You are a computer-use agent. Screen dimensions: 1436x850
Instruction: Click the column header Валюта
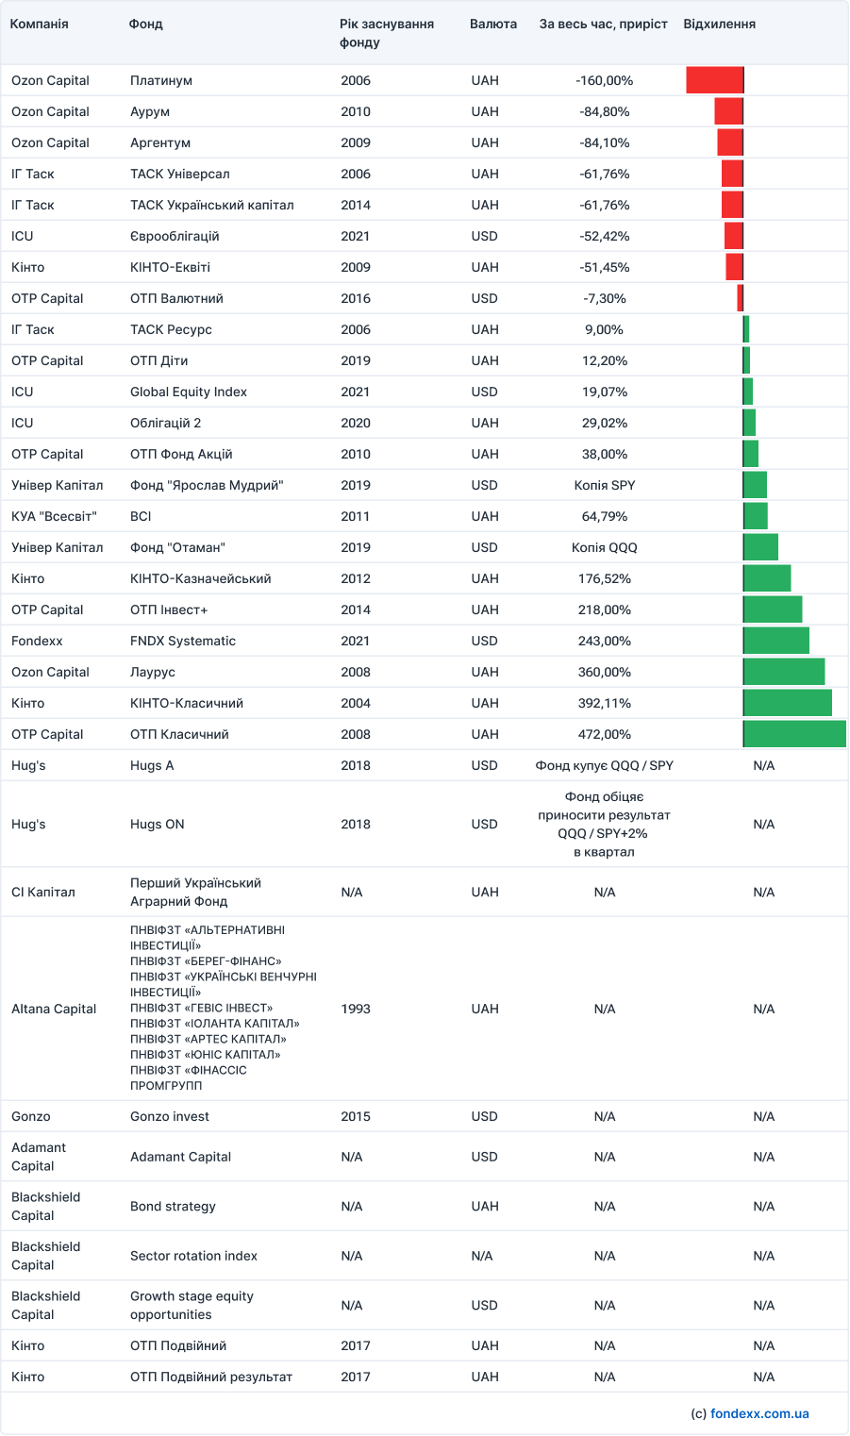click(492, 24)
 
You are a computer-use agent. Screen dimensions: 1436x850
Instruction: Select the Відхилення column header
click(719, 24)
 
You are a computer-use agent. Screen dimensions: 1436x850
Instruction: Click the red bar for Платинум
click(714, 80)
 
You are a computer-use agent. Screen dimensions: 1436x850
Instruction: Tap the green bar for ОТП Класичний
click(794, 734)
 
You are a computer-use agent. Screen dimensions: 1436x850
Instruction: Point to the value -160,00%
click(604, 80)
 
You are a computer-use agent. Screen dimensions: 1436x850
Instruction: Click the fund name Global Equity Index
click(189, 392)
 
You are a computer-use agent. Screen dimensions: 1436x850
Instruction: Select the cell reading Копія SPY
click(604, 485)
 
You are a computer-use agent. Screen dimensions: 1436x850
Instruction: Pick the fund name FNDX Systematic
click(183, 641)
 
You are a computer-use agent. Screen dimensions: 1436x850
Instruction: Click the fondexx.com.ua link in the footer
click(759, 1413)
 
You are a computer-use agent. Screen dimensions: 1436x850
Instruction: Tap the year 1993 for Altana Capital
click(356, 1009)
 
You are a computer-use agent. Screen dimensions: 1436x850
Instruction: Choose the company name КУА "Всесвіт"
click(54, 516)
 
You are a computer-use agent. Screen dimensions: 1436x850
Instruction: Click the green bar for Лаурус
click(784, 672)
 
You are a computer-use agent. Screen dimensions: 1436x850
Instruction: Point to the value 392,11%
click(604, 703)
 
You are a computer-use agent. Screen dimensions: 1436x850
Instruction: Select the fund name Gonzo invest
click(170, 1116)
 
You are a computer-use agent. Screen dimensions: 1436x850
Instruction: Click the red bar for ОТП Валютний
click(741, 298)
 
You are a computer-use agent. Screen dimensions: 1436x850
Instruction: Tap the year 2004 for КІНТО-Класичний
click(356, 703)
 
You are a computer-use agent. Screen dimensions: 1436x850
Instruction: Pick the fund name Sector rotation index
click(193, 1256)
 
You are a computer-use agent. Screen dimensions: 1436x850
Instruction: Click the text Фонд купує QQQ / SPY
click(604, 765)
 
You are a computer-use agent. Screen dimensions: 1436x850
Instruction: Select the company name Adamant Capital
click(39, 1157)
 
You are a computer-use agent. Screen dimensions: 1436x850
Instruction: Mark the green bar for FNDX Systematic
click(776, 641)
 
